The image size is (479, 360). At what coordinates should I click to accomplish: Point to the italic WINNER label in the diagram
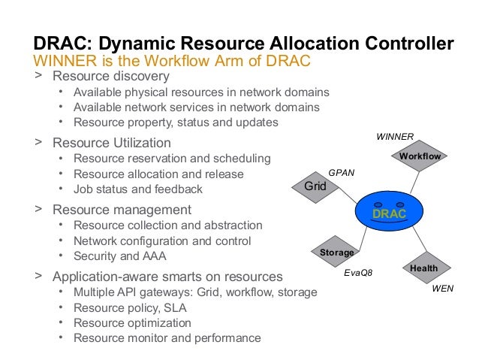(x=395, y=137)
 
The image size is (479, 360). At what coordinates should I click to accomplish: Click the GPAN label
(x=342, y=172)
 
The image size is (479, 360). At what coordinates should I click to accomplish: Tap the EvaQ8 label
(x=358, y=275)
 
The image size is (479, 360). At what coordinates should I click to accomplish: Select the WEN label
(x=444, y=288)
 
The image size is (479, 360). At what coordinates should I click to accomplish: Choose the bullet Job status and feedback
(x=138, y=189)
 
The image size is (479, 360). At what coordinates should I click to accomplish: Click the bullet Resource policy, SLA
(x=130, y=308)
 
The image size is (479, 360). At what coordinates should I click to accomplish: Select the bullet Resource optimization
(x=132, y=323)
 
